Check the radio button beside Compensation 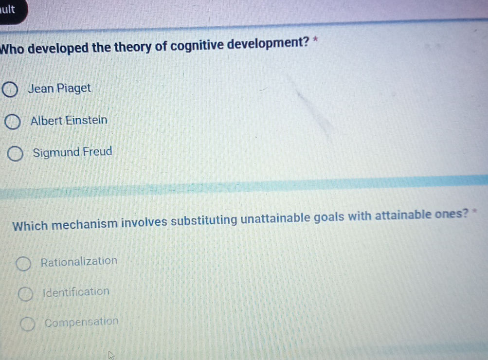tap(27, 324)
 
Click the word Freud tap(97, 152)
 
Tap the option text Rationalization tap(79, 261)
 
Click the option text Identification tap(76, 292)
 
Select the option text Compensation tap(81, 322)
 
